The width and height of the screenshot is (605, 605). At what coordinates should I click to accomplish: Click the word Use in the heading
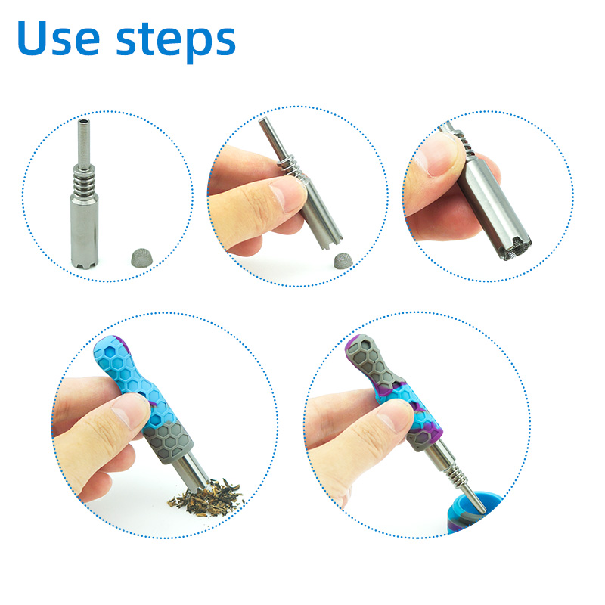tap(59, 38)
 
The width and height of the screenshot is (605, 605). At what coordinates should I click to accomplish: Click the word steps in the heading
tap(176, 42)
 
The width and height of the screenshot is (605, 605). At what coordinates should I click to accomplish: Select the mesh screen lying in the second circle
tap(343, 261)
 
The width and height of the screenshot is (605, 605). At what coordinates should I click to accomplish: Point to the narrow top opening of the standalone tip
tap(83, 123)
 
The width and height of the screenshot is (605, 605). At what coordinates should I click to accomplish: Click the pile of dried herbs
tap(206, 498)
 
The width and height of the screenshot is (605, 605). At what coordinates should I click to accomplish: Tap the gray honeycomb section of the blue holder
tap(168, 441)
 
